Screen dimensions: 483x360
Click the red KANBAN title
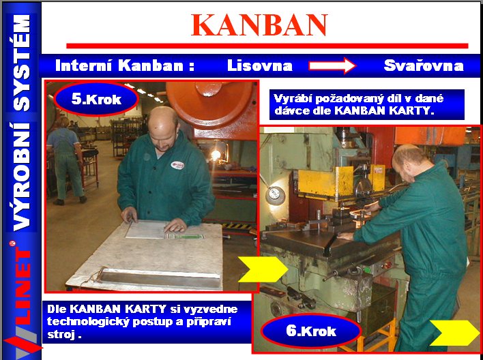(x=259, y=25)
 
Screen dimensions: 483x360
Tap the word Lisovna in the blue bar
(x=260, y=65)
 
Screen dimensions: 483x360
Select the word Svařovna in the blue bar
(x=424, y=65)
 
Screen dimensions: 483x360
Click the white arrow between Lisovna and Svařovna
(x=332, y=65)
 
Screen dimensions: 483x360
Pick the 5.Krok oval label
(x=96, y=99)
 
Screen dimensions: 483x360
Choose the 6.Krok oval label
(x=311, y=331)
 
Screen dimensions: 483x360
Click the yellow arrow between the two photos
(x=263, y=269)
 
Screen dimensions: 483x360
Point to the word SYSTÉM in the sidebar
(x=22, y=63)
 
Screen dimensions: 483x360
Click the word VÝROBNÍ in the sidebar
(x=22, y=177)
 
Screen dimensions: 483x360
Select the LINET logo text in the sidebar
(x=23, y=287)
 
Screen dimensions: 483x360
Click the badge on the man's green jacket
(x=177, y=165)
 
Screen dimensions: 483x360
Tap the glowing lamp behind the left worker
(x=216, y=155)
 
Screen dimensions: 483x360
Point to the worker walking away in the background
(x=65, y=161)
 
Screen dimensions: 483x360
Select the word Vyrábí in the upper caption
(x=293, y=98)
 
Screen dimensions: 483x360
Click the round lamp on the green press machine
(x=275, y=195)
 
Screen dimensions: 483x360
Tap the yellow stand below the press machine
(x=370, y=337)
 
